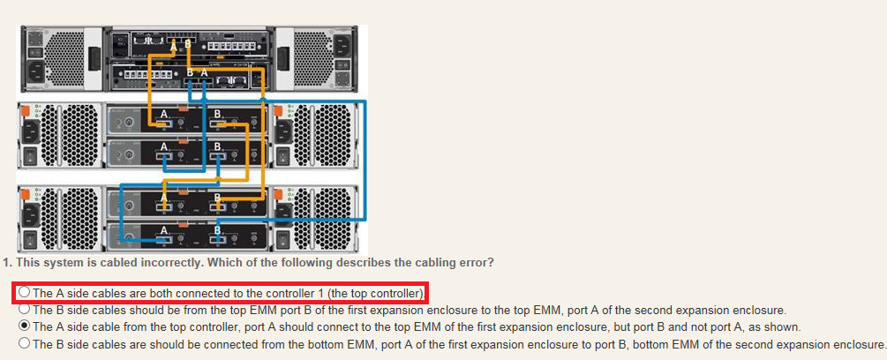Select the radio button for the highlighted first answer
point(25,292)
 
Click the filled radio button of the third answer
point(25,326)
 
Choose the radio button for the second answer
point(25,309)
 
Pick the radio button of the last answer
point(25,342)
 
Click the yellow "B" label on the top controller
point(187,45)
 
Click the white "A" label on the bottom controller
point(204,73)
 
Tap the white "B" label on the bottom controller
point(191,73)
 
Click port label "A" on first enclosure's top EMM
point(164,115)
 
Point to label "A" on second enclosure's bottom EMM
point(164,230)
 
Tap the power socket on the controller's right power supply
point(342,46)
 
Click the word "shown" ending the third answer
point(787,326)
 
